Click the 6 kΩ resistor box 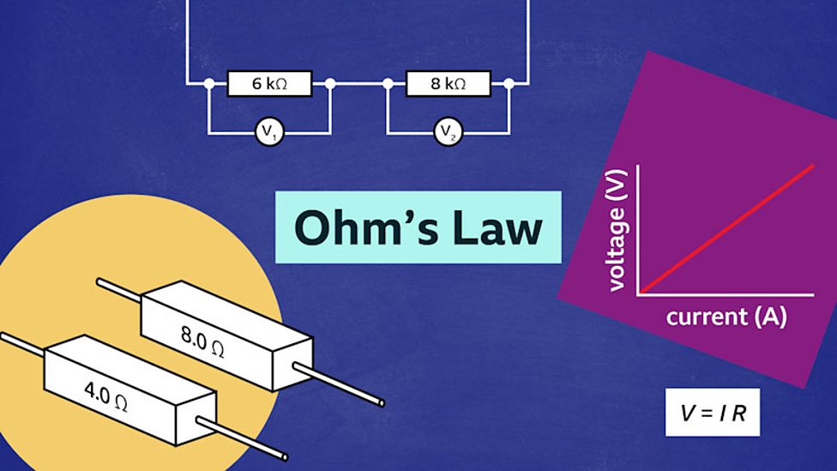click(x=269, y=83)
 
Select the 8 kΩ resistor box click(x=448, y=83)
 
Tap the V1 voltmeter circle click(x=269, y=132)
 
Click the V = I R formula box click(x=713, y=413)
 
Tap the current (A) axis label click(x=726, y=317)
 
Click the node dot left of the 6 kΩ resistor click(x=208, y=83)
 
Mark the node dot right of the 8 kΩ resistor click(x=509, y=83)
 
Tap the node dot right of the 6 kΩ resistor click(x=330, y=83)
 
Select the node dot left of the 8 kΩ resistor click(x=388, y=83)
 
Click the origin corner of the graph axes click(x=638, y=294)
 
